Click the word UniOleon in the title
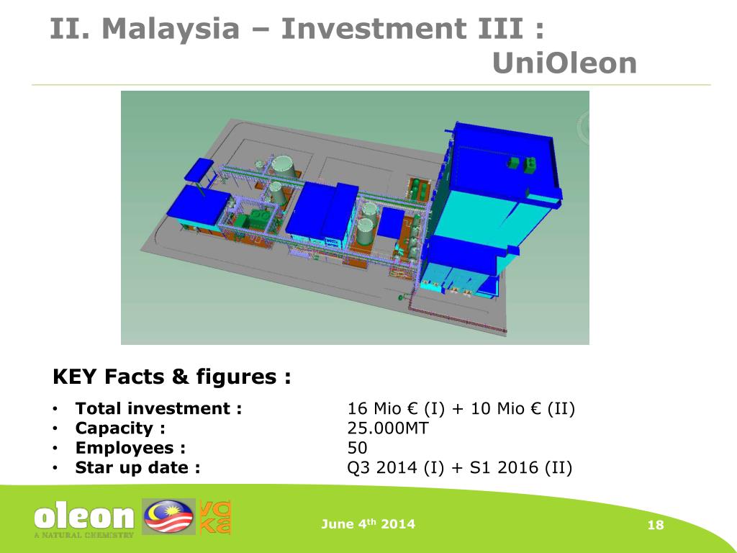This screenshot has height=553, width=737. point(565,63)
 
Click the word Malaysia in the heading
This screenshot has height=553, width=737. point(170,29)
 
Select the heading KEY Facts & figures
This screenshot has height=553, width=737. point(172,377)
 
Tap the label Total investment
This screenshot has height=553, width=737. point(158,409)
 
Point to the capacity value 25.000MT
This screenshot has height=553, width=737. point(388,428)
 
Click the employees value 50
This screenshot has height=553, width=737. point(358,448)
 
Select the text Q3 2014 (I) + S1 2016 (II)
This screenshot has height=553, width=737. point(460,467)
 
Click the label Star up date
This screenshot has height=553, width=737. point(137,467)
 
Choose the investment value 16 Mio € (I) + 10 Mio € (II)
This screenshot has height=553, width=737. point(461,409)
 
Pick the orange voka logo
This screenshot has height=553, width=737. point(214,517)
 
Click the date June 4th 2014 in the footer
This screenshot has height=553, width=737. point(368,524)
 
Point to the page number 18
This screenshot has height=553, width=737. point(655,525)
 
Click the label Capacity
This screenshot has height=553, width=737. point(120,428)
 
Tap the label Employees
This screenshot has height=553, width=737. point(130,448)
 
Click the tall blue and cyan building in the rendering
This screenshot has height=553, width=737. point(489,209)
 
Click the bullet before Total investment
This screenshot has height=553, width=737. point(55,410)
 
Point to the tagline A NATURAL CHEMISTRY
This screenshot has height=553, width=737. point(83,535)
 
